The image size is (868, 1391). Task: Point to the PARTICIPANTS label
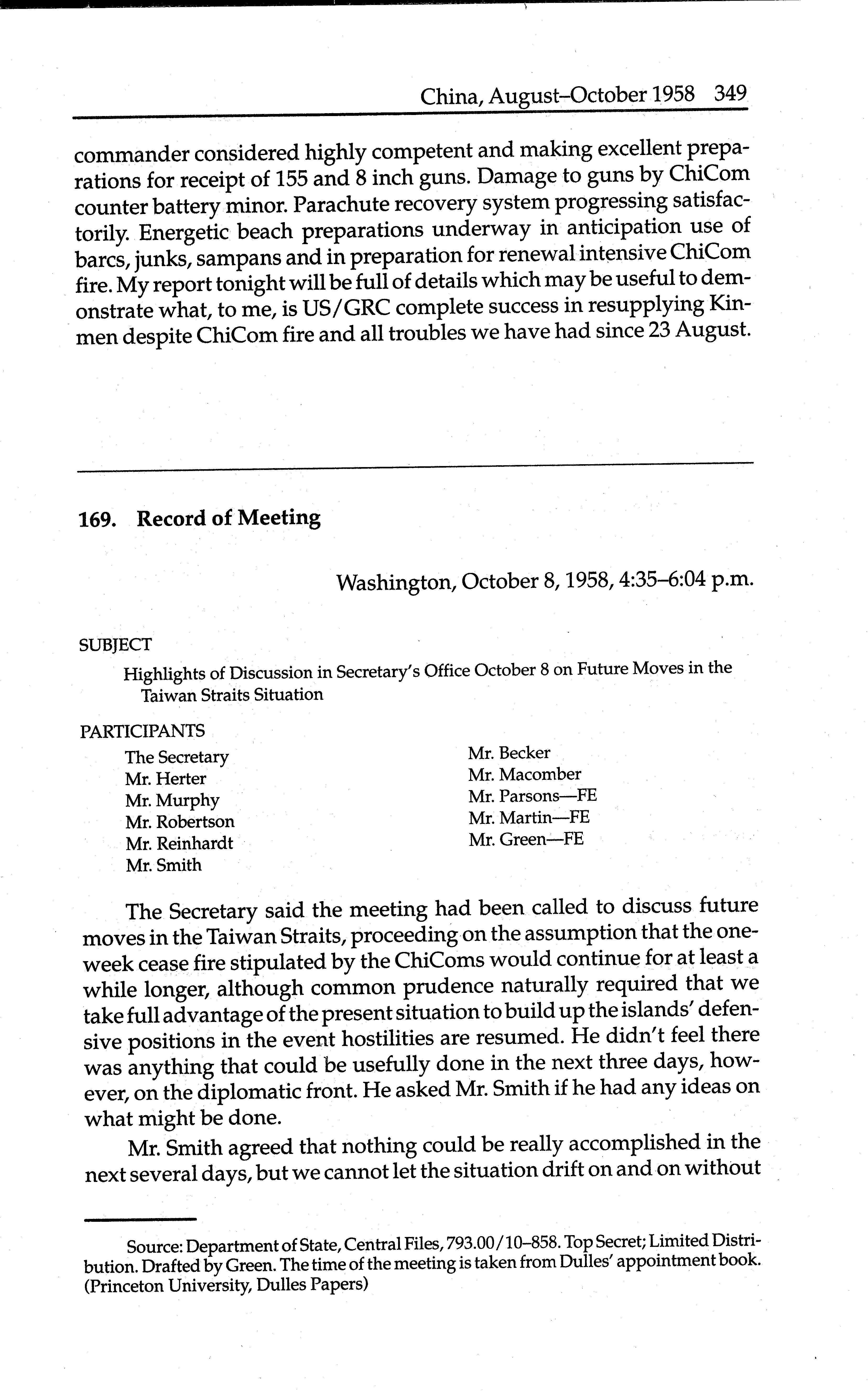pos(142,731)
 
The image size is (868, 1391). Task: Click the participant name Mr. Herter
pos(165,779)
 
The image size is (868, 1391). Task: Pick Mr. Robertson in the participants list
pos(180,822)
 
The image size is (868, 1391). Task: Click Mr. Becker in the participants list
pos(509,753)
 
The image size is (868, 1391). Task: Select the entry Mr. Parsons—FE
pos(532,796)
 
